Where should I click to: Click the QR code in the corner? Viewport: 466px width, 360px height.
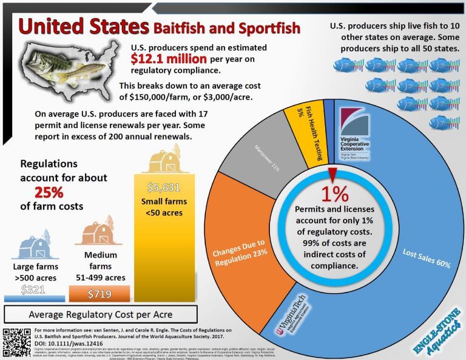[16, 340]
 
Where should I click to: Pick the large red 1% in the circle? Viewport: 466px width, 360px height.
[334, 193]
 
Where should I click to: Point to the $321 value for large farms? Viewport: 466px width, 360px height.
[33, 290]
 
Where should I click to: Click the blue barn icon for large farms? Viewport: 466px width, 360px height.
[35, 244]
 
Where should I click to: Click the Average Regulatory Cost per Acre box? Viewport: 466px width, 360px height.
[101, 314]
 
